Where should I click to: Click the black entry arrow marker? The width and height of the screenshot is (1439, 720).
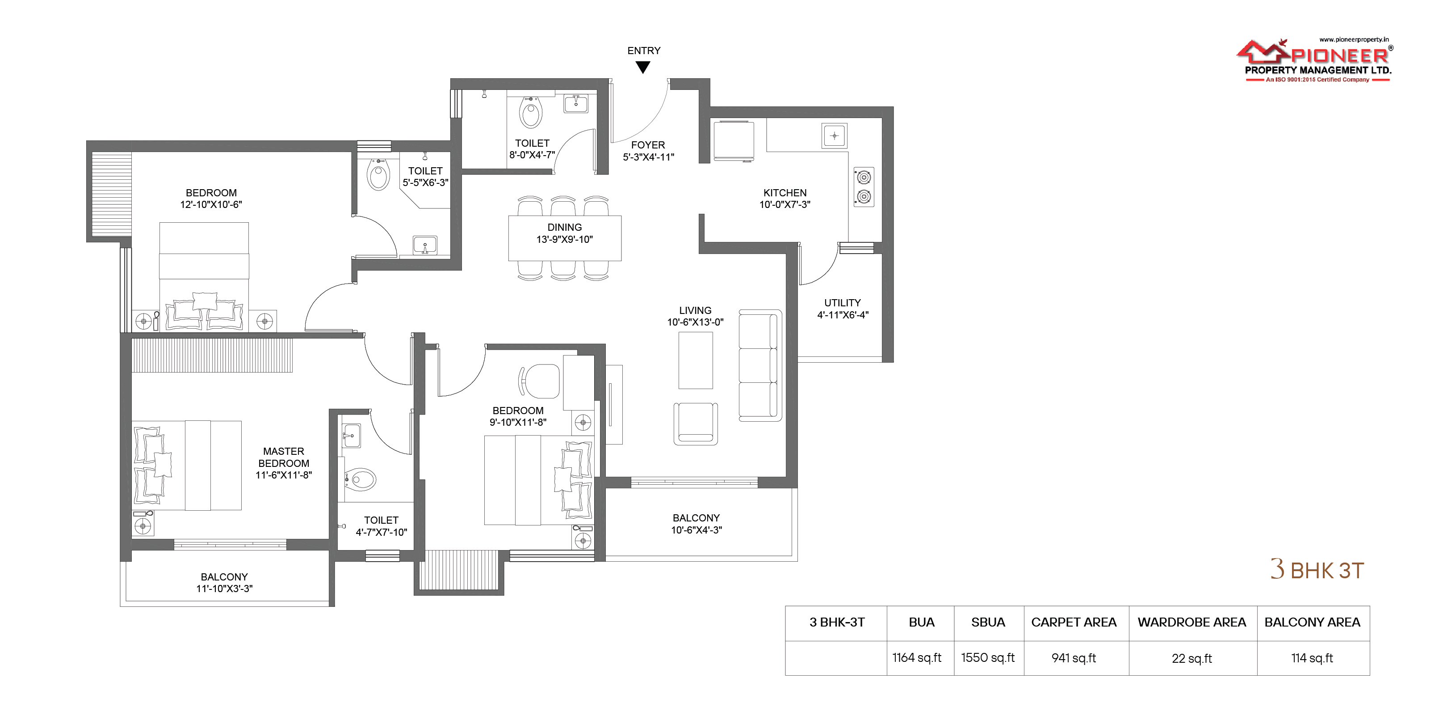click(x=643, y=67)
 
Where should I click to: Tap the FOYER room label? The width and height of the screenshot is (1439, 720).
click(x=648, y=145)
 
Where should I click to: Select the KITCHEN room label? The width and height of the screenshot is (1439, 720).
click(x=785, y=193)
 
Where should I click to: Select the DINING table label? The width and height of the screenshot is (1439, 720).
click(x=564, y=228)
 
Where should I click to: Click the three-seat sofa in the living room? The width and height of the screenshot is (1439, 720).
click(x=760, y=366)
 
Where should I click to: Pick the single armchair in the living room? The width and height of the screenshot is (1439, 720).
click(x=696, y=424)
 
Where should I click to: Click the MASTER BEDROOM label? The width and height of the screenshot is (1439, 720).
click(x=284, y=457)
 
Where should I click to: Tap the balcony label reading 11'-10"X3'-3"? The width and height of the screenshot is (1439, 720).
click(x=224, y=589)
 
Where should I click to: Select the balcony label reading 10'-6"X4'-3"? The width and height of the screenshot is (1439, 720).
click(x=696, y=530)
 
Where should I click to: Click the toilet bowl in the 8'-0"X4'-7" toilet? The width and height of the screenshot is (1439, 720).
click(x=531, y=112)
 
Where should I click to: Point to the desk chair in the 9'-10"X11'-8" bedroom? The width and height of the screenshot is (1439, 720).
click(x=539, y=381)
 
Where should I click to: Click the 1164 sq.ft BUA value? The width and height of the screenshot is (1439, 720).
click(x=917, y=658)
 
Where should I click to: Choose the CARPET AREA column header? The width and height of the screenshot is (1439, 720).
click(x=1074, y=622)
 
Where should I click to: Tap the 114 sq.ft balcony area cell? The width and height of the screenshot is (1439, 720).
click(x=1312, y=658)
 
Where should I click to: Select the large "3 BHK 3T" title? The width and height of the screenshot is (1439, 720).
click(x=1317, y=570)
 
